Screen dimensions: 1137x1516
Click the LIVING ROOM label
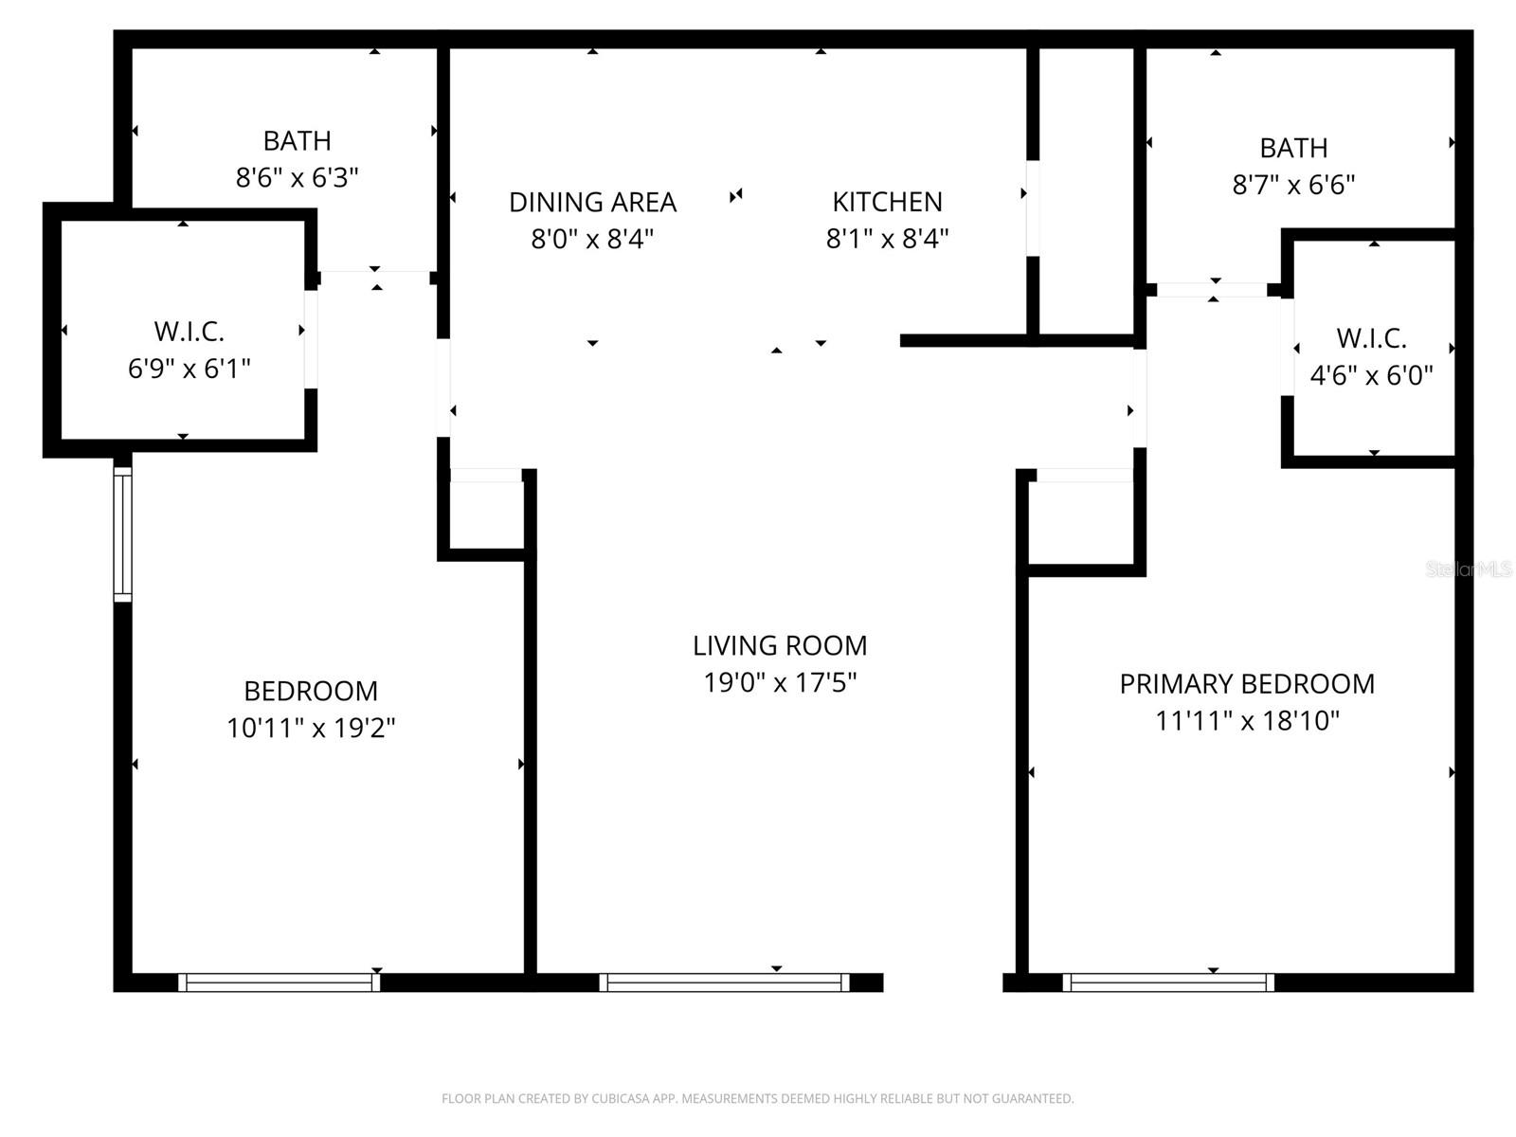779,646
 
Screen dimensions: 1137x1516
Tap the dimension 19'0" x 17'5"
779,682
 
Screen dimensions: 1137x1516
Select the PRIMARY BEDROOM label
1247,684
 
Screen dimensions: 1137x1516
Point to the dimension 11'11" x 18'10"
1247,721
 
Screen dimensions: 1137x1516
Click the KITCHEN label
887,202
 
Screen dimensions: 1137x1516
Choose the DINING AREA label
592,202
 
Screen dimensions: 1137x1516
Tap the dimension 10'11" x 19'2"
311,728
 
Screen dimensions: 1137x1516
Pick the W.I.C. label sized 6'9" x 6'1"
189,332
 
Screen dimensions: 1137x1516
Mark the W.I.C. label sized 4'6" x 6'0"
1371,338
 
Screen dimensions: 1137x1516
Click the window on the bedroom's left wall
123,533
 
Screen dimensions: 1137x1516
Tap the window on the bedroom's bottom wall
280,983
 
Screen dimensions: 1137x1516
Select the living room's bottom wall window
725,983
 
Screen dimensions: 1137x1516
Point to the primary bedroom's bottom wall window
1168,983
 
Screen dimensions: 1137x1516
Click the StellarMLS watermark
1468,569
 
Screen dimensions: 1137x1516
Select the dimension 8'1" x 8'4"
887,239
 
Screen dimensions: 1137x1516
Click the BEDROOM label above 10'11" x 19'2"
311,691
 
